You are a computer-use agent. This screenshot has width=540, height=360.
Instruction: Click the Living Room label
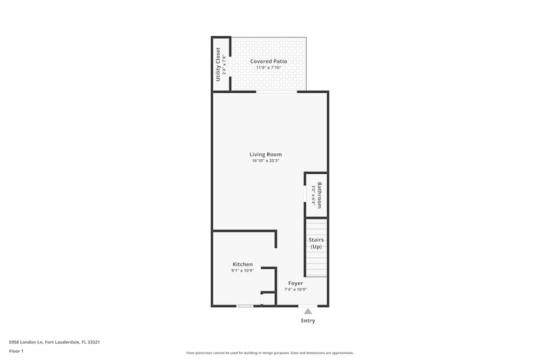click(265, 154)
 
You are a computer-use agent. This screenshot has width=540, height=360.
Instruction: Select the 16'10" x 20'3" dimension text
click(265, 161)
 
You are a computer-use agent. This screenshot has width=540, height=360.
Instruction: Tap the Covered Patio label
click(268, 62)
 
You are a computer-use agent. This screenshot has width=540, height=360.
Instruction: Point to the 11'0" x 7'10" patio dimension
click(268, 68)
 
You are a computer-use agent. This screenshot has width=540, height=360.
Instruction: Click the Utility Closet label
click(218, 64)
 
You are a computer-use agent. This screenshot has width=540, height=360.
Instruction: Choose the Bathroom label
click(319, 195)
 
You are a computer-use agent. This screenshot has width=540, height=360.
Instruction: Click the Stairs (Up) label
click(316, 243)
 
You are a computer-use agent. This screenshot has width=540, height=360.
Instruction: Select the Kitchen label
click(242, 264)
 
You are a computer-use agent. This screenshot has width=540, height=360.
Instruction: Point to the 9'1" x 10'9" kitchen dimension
click(242, 271)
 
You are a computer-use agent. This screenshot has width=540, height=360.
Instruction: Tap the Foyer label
click(295, 283)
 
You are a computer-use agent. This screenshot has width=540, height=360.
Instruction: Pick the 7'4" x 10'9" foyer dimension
click(295, 290)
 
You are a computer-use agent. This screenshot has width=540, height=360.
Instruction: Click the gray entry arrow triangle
click(308, 311)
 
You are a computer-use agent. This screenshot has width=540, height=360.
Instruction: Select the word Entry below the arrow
click(308, 321)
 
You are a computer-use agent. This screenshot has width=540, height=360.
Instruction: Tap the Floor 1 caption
click(16, 351)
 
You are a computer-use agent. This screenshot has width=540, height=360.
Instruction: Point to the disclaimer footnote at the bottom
click(269, 353)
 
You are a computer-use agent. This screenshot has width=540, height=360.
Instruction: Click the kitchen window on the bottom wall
click(245, 306)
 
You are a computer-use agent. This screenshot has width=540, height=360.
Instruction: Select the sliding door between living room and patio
click(276, 92)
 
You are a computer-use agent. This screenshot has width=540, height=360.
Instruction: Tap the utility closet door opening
click(231, 67)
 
